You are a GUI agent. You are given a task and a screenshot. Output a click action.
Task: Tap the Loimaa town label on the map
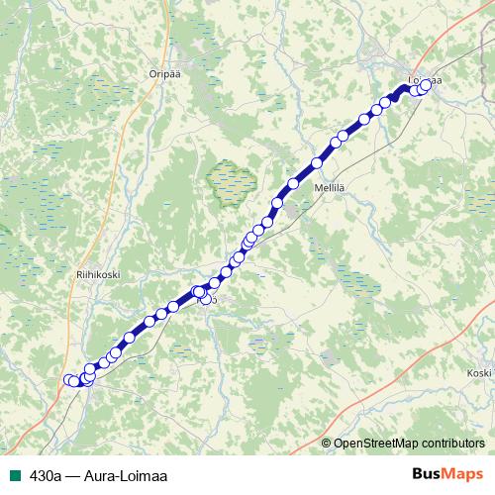point(425,78)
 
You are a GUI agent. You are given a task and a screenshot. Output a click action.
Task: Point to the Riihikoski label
point(98,277)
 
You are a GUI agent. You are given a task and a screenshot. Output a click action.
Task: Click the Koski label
point(479,373)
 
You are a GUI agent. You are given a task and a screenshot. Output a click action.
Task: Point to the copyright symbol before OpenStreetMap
point(328,443)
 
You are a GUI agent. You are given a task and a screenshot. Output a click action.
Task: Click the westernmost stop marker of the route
point(69,380)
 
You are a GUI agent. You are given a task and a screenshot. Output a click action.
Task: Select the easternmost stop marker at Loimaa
point(428,85)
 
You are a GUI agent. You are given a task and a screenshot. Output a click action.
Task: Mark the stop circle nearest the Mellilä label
point(318,163)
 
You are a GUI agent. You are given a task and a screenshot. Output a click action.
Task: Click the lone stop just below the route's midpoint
point(206,300)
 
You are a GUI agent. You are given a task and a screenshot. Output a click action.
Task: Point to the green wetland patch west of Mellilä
point(230,181)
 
